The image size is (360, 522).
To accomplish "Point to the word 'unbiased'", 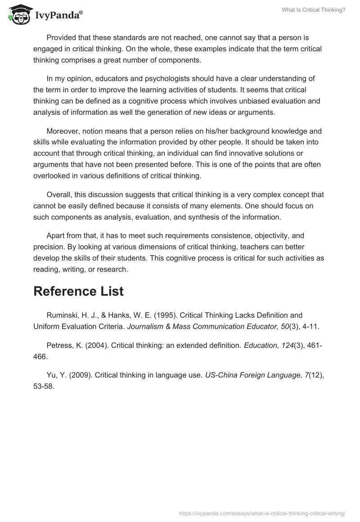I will pos(254,101).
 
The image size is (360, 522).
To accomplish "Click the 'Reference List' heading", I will pos(78,291).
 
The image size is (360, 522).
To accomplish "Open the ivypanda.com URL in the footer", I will pos(261,513).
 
